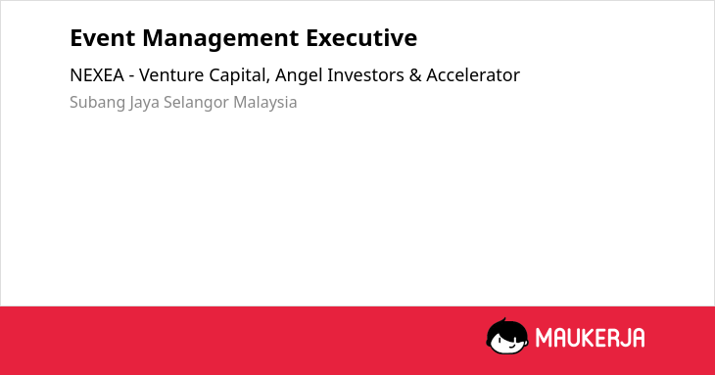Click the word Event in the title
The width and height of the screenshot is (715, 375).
pos(103,38)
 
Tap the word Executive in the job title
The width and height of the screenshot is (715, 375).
pos(361,38)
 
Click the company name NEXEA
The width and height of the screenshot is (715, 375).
pos(97,75)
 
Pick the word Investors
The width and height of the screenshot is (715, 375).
pos(365,75)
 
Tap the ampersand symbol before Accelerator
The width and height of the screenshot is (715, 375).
pos(415,75)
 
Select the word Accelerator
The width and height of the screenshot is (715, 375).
pos(473,75)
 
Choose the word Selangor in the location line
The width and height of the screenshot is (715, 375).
pos(196,103)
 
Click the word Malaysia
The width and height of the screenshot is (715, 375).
pos(264,103)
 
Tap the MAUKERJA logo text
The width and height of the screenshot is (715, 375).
pos(590,338)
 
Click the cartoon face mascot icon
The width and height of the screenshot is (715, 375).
pos(507,336)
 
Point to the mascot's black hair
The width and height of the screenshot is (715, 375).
pos(506,328)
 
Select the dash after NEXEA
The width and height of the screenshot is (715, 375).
pos(131,76)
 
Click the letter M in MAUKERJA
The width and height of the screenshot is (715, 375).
pos(544,338)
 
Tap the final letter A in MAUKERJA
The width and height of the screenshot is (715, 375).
pos(638,338)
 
